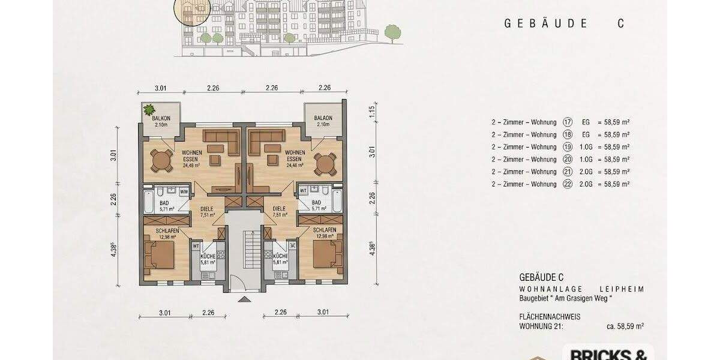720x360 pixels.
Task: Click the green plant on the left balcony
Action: pyautogui.click(x=149, y=110)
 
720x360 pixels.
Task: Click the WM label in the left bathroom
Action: pyautogui.click(x=184, y=192)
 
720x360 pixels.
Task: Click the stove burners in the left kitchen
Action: pyautogui.click(x=220, y=246)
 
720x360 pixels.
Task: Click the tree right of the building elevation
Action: pyautogui.click(x=392, y=33)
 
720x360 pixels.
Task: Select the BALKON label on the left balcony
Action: pyautogui.click(x=160, y=118)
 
